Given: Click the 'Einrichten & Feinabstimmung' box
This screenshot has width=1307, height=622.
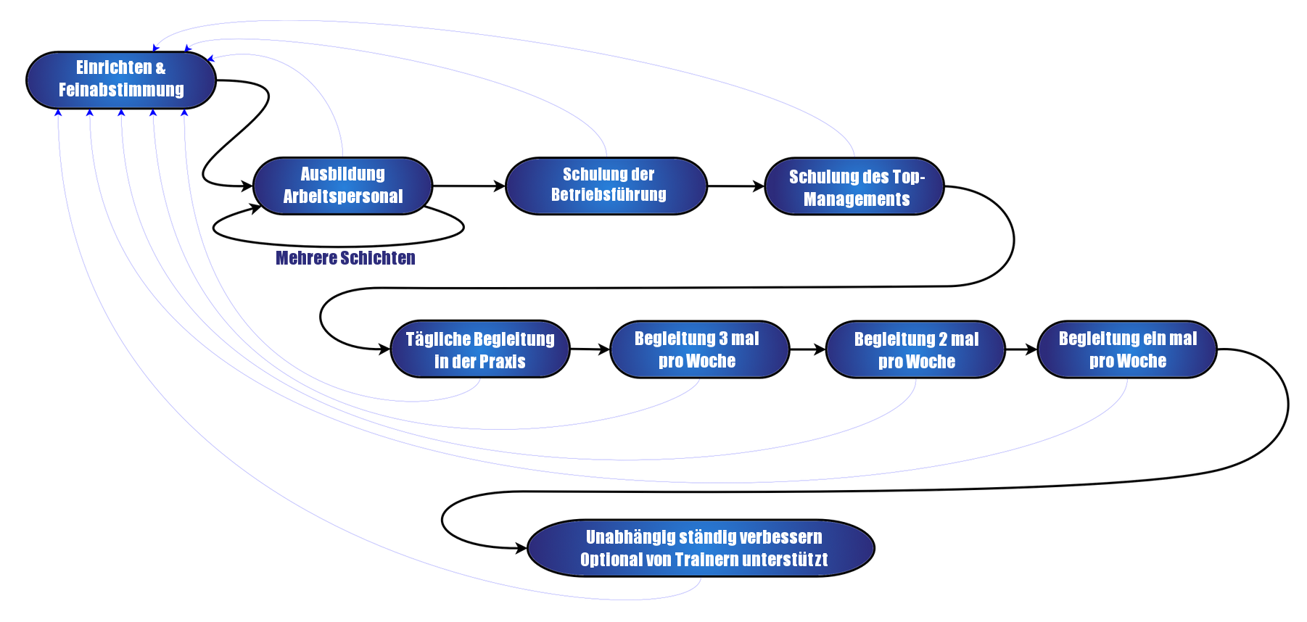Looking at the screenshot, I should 121,79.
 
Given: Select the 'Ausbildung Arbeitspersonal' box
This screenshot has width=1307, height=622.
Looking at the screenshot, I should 342,186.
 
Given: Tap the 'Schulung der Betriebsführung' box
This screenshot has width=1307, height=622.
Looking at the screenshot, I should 607,186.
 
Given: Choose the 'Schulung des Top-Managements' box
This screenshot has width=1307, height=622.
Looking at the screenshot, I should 856,187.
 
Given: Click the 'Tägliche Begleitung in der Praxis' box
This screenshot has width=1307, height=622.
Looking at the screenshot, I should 480,349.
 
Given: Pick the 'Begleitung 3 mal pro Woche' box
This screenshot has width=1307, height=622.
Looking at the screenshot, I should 698,349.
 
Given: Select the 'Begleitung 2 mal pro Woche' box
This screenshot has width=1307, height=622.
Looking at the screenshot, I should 916,349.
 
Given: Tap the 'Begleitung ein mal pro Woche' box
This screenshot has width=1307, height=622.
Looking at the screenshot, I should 1127,349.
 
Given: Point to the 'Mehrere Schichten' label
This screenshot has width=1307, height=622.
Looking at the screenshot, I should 345,258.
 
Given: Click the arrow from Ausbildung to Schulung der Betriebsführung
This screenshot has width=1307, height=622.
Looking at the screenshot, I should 469,186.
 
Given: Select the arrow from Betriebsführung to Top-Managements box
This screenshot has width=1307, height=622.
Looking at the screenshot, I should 736,187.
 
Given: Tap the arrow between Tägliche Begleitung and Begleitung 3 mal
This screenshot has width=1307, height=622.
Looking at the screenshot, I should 590,349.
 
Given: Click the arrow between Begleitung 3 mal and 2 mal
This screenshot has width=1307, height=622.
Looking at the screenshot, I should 807,349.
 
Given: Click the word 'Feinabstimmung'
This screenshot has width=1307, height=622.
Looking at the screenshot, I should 121,90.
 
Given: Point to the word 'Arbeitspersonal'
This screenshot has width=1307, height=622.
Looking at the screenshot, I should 342,196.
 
